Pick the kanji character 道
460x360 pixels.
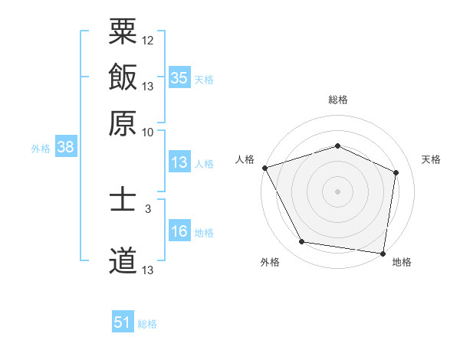[123, 260]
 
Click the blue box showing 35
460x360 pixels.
[179, 77]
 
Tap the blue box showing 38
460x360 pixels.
[65, 147]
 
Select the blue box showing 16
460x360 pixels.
[179, 231]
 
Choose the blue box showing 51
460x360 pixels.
[123, 322]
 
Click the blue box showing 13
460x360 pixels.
[179, 162]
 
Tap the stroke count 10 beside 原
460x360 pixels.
[148, 132]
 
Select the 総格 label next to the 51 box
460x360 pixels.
[147, 324]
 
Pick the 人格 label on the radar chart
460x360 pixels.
[245, 159]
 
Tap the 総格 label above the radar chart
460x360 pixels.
[337, 100]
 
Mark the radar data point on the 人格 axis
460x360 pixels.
[264, 168]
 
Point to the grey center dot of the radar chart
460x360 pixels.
[337, 191]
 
